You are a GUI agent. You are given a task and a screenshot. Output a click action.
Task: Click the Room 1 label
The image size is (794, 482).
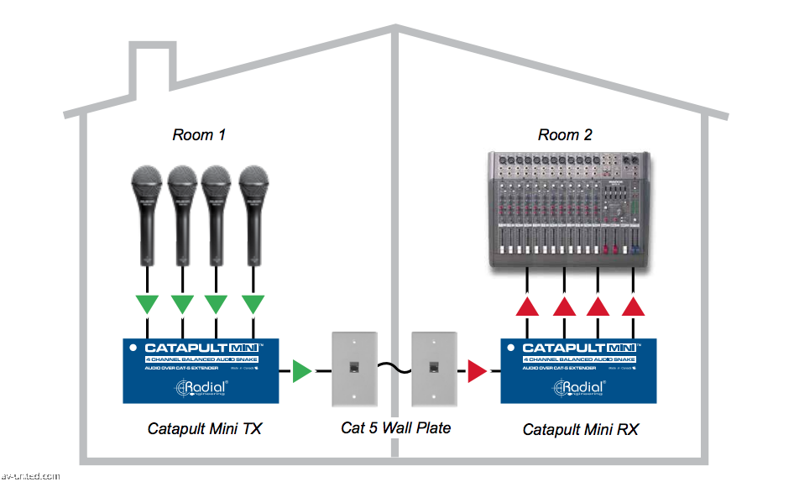click(199, 134)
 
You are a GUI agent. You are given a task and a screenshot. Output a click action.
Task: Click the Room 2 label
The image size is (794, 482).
click(565, 134)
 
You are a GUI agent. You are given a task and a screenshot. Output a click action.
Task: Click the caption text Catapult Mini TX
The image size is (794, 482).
click(205, 429)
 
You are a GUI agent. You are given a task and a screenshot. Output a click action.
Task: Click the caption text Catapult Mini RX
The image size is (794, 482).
click(581, 430)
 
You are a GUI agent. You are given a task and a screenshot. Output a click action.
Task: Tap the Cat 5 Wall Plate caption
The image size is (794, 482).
click(395, 428)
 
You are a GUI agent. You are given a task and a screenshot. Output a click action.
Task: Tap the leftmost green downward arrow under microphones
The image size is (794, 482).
click(148, 304)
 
